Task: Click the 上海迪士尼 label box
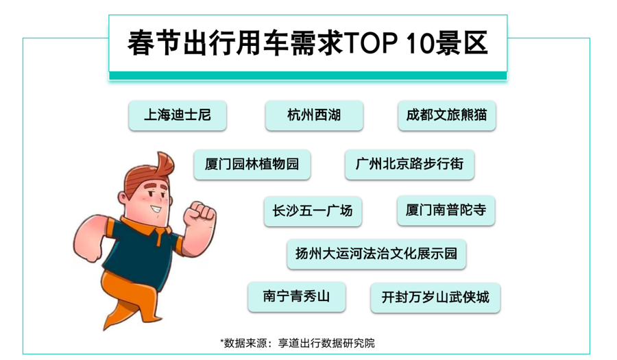(x=178, y=115)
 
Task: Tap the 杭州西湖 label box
(x=314, y=115)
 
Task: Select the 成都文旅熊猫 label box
(x=446, y=115)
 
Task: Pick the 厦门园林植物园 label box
(x=252, y=165)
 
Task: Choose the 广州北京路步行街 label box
(x=409, y=165)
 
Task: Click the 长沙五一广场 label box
(x=313, y=211)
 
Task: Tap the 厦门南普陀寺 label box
(x=446, y=211)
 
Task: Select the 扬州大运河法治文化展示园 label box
(x=376, y=254)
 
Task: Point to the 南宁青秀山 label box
(x=297, y=297)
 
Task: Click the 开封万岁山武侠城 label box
(x=435, y=298)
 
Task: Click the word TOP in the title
(x=371, y=43)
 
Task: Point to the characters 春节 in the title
(x=154, y=43)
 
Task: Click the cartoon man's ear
(x=123, y=197)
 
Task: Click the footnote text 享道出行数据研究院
(x=326, y=344)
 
